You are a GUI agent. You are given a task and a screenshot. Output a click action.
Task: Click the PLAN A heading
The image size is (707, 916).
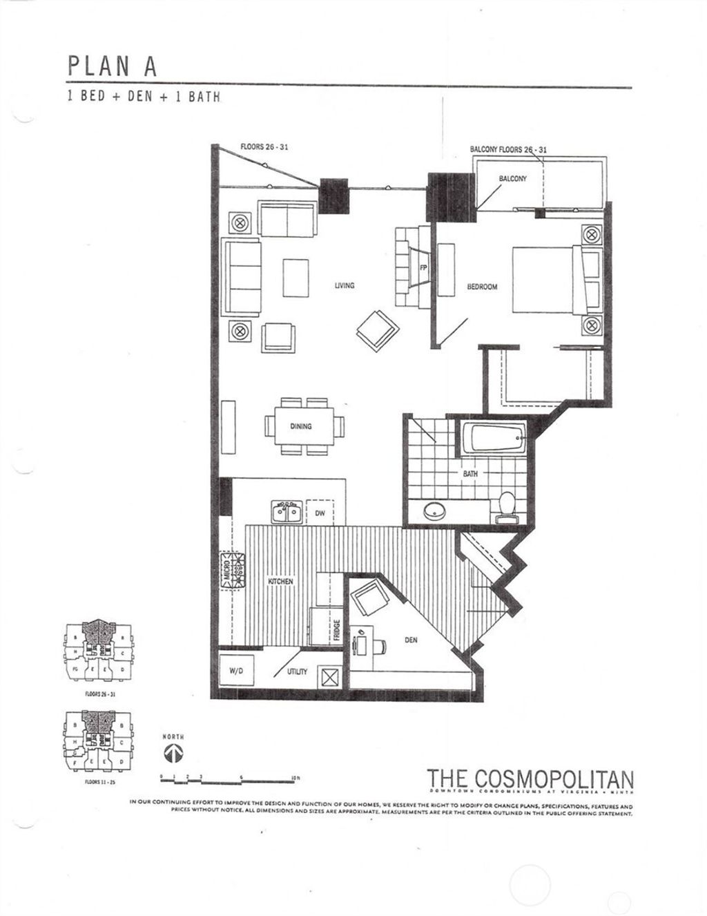point(112,66)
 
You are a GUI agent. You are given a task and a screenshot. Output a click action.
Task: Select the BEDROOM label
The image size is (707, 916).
point(482,287)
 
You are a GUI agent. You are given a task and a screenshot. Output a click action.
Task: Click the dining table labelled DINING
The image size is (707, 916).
point(301,427)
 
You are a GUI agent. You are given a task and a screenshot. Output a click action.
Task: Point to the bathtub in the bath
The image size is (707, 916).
point(493,439)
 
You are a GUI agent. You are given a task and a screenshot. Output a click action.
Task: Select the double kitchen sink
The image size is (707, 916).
point(285,512)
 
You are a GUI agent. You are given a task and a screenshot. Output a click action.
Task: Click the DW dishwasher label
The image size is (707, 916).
point(320,513)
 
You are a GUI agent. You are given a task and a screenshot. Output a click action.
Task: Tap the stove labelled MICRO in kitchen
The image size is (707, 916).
point(233,571)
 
